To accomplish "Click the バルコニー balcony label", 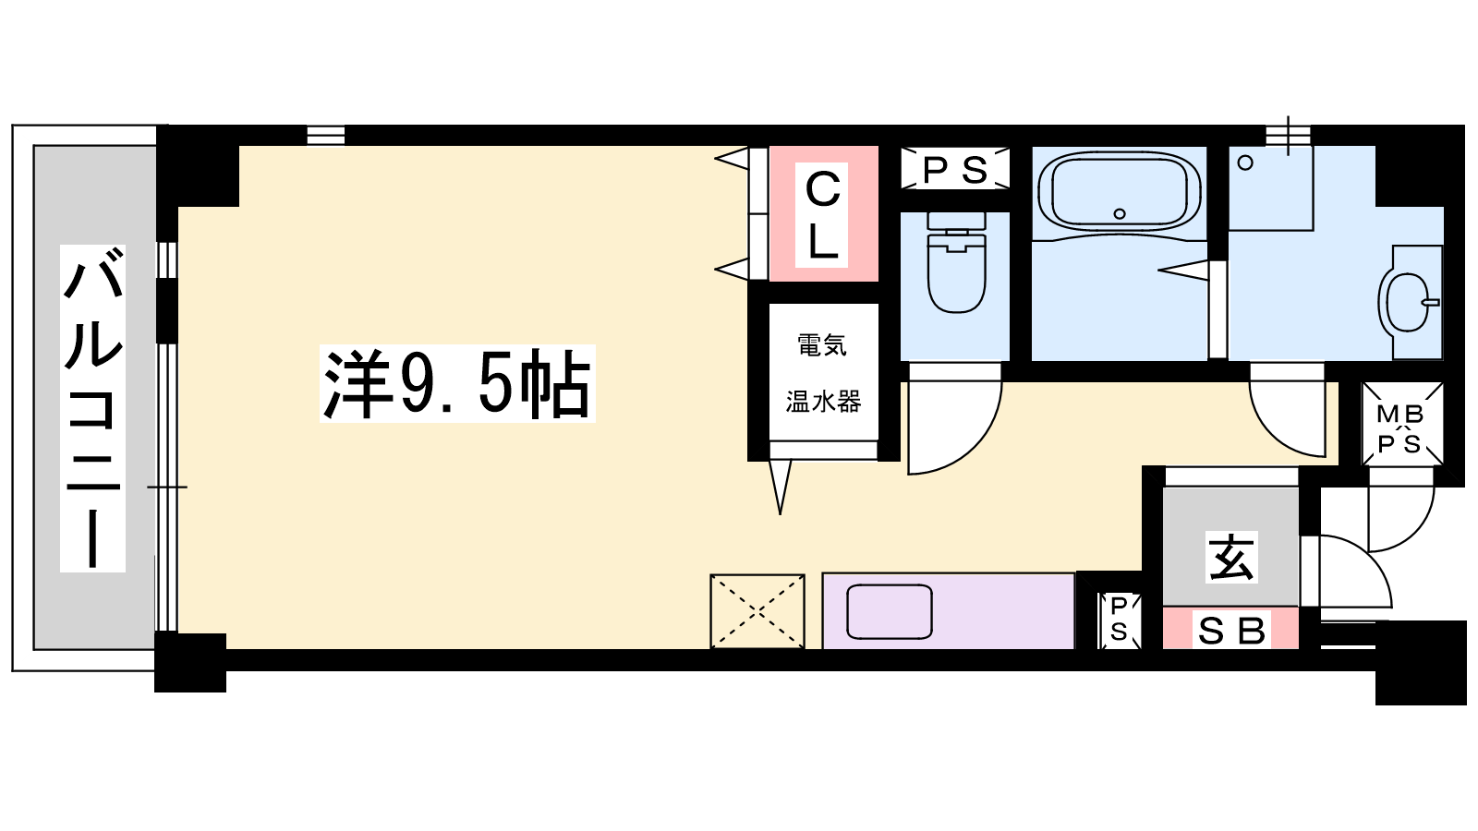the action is click(93, 408).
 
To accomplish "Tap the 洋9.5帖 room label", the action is click(457, 383).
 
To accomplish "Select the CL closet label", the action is click(821, 215).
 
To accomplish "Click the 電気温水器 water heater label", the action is click(823, 373).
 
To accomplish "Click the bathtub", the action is click(1119, 189).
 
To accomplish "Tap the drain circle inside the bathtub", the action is click(1119, 213).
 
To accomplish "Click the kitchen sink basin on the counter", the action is click(889, 611).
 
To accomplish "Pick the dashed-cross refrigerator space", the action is click(757, 611).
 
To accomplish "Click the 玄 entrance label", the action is click(1231, 558).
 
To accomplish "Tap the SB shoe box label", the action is click(1231, 632).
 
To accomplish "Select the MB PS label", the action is click(1403, 429).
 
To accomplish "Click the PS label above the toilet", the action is click(955, 170).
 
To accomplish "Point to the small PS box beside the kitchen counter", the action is click(1119, 620).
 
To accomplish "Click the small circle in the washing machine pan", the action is click(1245, 163).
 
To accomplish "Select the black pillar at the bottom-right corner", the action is click(1420, 662).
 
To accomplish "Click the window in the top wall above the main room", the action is click(326, 135).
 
